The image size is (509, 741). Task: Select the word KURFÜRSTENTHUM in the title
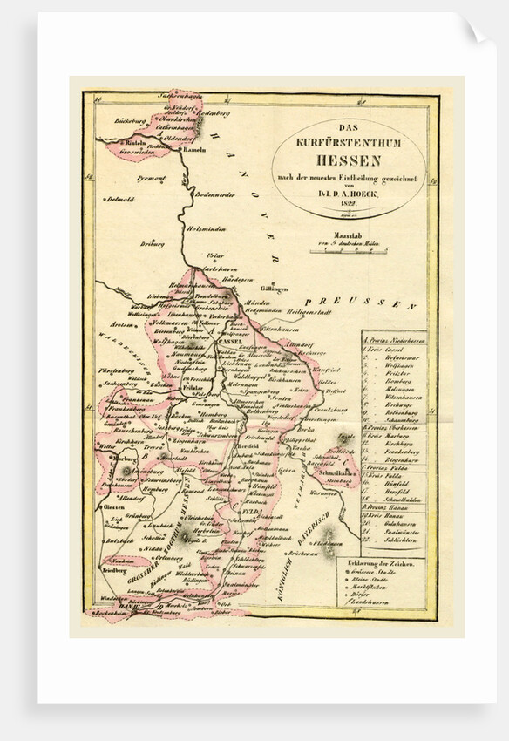pos(348,142)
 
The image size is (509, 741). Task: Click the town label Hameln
pos(193,149)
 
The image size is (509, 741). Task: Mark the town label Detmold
pos(121,199)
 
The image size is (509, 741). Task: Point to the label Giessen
pos(113,506)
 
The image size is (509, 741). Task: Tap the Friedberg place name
pos(115,569)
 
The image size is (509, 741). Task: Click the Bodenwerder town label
pos(216,194)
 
